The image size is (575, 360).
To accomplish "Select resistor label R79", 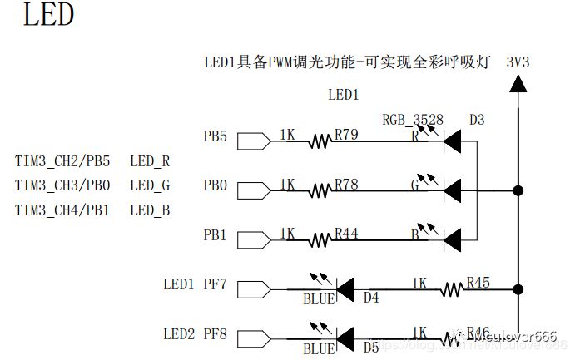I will (x=346, y=134).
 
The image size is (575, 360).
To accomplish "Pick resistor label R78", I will (x=346, y=184).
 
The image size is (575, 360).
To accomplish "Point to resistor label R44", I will (x=346, y=234).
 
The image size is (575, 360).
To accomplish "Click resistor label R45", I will (x=478, y=283).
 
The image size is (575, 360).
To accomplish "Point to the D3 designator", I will (x=476, y=120).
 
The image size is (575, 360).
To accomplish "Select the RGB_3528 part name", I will (x=414, y=120).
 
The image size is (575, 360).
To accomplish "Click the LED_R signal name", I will (x=150, y=161).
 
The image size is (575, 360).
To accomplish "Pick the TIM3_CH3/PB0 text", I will (x=62, y=185).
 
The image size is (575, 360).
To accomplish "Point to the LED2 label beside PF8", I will (x=179, y=334).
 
